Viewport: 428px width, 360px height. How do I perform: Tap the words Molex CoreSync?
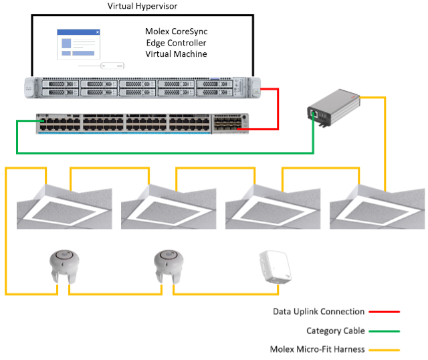point(177,31)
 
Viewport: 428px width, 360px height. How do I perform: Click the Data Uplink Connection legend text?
point(318,311)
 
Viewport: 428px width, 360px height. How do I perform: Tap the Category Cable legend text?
point(335,331)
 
